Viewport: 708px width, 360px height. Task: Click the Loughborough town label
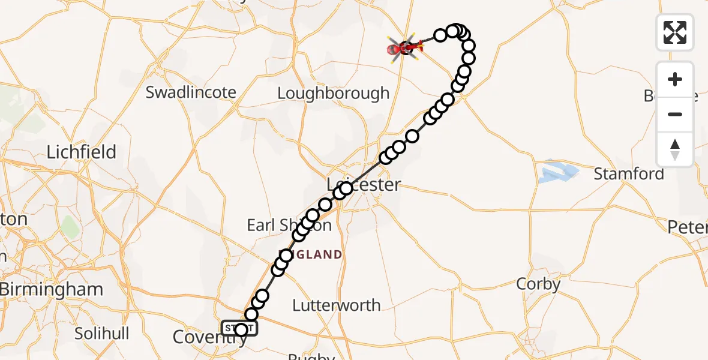point(334,94)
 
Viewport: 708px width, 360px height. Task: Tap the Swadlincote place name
point(191,92)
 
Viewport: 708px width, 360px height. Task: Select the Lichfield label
point(82,152)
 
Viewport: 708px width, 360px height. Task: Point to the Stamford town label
point(629,174)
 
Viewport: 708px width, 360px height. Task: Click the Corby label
point(538,284)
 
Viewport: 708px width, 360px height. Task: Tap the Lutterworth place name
point(336,305)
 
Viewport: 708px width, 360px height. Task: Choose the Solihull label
point(103,333)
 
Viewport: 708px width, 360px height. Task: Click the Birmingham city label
point(52,289)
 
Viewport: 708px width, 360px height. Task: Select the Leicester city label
point(364,184)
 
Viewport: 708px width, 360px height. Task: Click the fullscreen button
point(674,32)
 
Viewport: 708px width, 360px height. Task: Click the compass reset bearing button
point(674,149)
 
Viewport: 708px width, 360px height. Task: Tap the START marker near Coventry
point(240,329)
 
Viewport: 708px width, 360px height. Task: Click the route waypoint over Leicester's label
point(346,189)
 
